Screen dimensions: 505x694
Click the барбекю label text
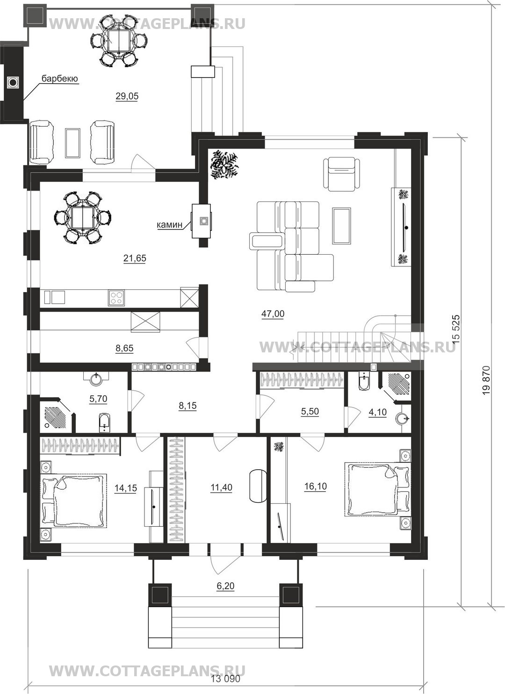59,79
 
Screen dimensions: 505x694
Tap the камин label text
170,225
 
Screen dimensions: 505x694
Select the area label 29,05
127,96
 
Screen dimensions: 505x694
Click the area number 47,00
273,314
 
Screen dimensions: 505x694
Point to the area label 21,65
135,258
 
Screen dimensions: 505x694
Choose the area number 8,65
124,348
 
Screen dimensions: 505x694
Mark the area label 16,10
316,487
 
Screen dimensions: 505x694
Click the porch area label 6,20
225,586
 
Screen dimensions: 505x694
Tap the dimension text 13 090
226,679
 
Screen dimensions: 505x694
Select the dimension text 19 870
486,381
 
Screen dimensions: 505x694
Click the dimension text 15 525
456,329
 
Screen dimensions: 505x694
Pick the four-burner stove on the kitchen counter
116,298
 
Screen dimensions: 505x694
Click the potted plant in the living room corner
225,164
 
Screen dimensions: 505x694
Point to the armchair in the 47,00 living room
342,173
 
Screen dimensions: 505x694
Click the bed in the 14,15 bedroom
74,501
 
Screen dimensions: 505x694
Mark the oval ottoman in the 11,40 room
258,486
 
